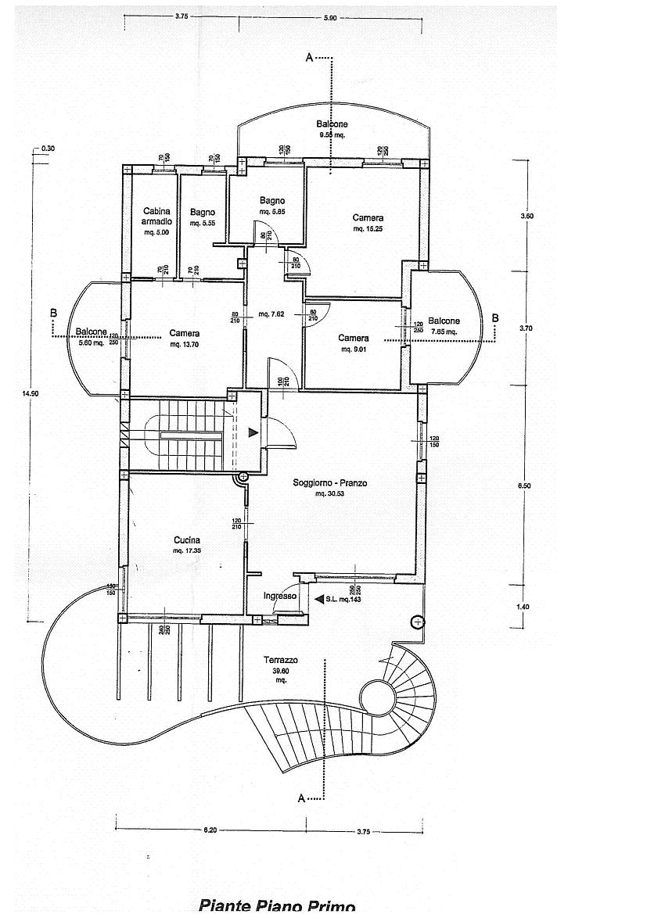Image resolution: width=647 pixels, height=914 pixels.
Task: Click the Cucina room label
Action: [187, 539]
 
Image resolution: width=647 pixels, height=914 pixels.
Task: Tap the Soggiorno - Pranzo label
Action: [329, 483]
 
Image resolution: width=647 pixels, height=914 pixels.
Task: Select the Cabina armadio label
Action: [157, 216]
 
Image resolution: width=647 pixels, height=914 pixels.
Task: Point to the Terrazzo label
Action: [280, 660]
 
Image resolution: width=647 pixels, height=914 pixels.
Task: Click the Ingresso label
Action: [280, 596]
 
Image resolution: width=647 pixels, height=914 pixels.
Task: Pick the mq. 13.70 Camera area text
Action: [185, 344]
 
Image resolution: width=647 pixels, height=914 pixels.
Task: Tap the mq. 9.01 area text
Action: [354, 349]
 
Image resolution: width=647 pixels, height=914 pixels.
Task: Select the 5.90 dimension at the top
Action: [330, 17]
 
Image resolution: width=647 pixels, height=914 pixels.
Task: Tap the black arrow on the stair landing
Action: [252, 432]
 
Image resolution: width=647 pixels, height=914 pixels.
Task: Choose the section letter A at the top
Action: [309, 58]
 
